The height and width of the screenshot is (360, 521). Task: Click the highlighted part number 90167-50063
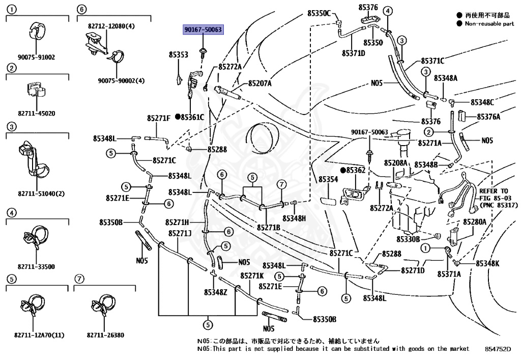204,30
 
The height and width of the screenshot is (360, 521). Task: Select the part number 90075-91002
37,58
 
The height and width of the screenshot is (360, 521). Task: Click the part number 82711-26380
105,336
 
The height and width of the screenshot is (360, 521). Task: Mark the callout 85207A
259,84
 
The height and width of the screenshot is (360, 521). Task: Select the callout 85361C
192,117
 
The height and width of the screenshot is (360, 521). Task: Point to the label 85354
328,180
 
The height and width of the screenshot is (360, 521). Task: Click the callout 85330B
409,239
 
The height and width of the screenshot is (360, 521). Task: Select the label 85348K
487,263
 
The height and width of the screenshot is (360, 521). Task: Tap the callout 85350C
319,13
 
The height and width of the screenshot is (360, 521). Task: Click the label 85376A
488,117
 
